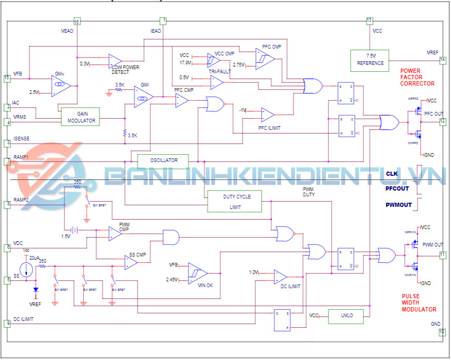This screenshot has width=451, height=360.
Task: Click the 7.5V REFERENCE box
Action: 369,60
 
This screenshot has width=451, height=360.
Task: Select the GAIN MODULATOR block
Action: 80,117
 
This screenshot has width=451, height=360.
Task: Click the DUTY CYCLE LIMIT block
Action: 235,202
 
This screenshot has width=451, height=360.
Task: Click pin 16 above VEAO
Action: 77,22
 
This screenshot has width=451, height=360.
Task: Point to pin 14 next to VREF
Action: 443,60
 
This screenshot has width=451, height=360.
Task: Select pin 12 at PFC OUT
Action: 443,121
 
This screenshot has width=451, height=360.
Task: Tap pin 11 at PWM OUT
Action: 443,255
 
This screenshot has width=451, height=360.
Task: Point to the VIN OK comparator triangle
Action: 197,273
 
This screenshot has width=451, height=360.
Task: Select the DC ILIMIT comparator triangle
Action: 280,277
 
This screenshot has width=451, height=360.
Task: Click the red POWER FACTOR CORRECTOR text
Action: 417,77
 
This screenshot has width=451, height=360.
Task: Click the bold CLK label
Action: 391,174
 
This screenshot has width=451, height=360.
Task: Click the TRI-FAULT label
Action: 219,71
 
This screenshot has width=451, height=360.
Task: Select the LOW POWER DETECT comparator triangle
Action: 114,60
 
